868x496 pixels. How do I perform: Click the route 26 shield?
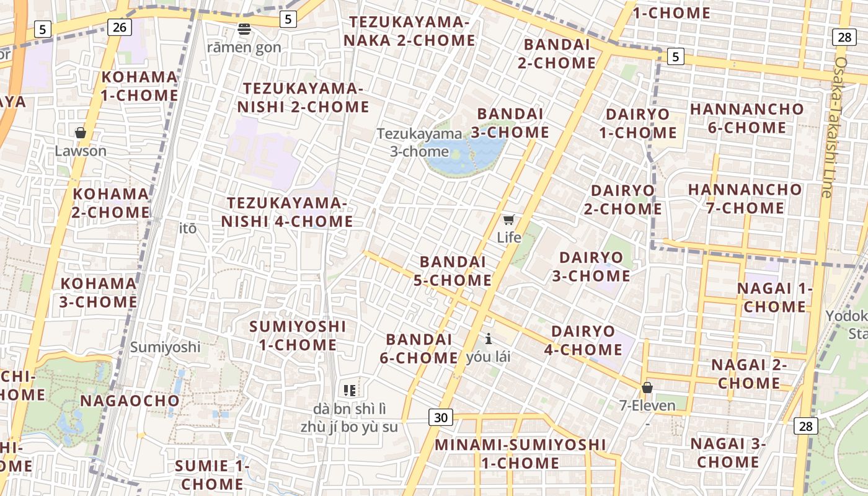click(x=120, y=27)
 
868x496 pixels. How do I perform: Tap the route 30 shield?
click(x=440, y=417)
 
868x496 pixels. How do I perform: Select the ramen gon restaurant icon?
click(x=244, y=29)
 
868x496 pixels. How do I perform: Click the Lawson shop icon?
click(x=80, y=133)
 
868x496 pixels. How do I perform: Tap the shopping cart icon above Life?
click(x=508, y=219)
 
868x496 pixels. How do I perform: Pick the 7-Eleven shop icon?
click(x=647, y=387)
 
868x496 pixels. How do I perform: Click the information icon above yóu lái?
click(x=489, y=339)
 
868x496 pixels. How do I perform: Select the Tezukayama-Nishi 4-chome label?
click(x=288, y=212)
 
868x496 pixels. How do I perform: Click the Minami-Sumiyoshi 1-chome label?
click(x=520, y=454)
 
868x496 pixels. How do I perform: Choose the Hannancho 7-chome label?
click(x=745, y=198)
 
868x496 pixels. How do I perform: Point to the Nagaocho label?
click(x=130, y=401)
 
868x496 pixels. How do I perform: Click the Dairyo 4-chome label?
click(x=583, y=340)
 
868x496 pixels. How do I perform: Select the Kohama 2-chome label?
click(x=111, y=203)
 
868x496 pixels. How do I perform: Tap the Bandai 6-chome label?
click(x=422, y=348)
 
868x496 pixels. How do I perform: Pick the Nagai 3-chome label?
click(x=728, y=453)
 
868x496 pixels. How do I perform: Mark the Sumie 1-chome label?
click(x=212, y=474)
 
